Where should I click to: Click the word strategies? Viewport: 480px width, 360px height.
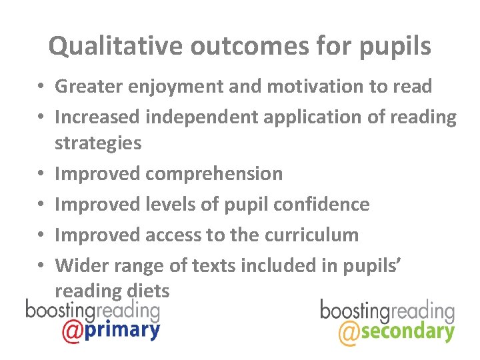click(98, 143)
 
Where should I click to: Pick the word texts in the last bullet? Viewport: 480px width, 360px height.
click(213, 265)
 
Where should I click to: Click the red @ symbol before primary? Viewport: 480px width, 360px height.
click(72, 331)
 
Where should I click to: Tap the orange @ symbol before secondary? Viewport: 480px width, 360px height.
click(348, 333)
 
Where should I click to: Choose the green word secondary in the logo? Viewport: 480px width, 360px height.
click(407, 331)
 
